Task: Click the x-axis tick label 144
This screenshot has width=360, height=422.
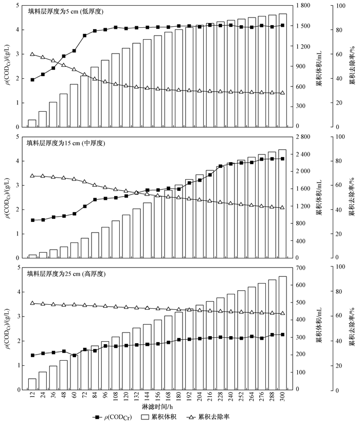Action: (x=147, y=396)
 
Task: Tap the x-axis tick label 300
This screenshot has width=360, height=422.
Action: (x=282, y=396)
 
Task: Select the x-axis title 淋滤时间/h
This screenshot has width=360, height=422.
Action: (x=157, y=407)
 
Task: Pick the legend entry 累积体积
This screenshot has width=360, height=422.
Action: (x=159, y=417)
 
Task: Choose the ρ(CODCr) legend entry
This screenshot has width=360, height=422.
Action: (x=113, y=417)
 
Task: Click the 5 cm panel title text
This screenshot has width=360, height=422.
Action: (x=66, y=11)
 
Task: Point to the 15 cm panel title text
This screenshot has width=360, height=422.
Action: (x=66, y=143)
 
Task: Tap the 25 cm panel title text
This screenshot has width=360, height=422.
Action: (x=66, y=274)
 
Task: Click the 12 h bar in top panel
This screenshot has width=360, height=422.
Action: (x=32, y=124)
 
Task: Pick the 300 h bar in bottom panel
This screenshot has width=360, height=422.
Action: (x=282, y=333)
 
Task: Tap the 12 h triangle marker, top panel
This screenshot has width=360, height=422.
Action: (x=32, y=54)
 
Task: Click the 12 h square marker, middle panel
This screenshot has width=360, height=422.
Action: (x=32, y=220)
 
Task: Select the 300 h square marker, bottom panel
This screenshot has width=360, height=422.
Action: (x=282, y=335)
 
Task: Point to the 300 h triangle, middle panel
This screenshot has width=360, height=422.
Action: (x=282, y=207)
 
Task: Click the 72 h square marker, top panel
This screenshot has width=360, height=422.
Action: (x=84, y=36)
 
